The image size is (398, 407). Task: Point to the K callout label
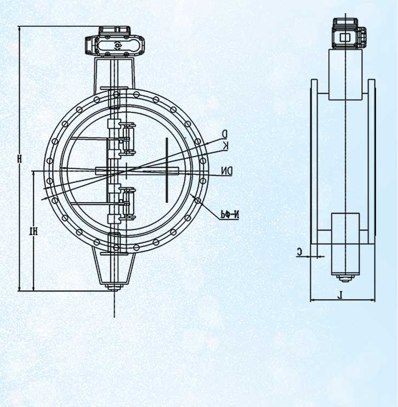pyautogui.click(x=225, y=145)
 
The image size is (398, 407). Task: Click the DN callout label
pyautogui.click(x=227, y=171)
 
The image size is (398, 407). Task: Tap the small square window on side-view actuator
pyautogui.click(x=345, y=37)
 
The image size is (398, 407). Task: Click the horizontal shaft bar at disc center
pyautogui.click(x=137, y=171)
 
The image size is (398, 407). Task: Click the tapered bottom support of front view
pyautogui.click(x=115, y=268)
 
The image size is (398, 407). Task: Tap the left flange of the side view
pyautogui.click(x=314, y=162)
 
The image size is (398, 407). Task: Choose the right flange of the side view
pyautogui.click(x=372, y=162)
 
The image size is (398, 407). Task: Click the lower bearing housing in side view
pyautogui.click(x=345, y=238)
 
